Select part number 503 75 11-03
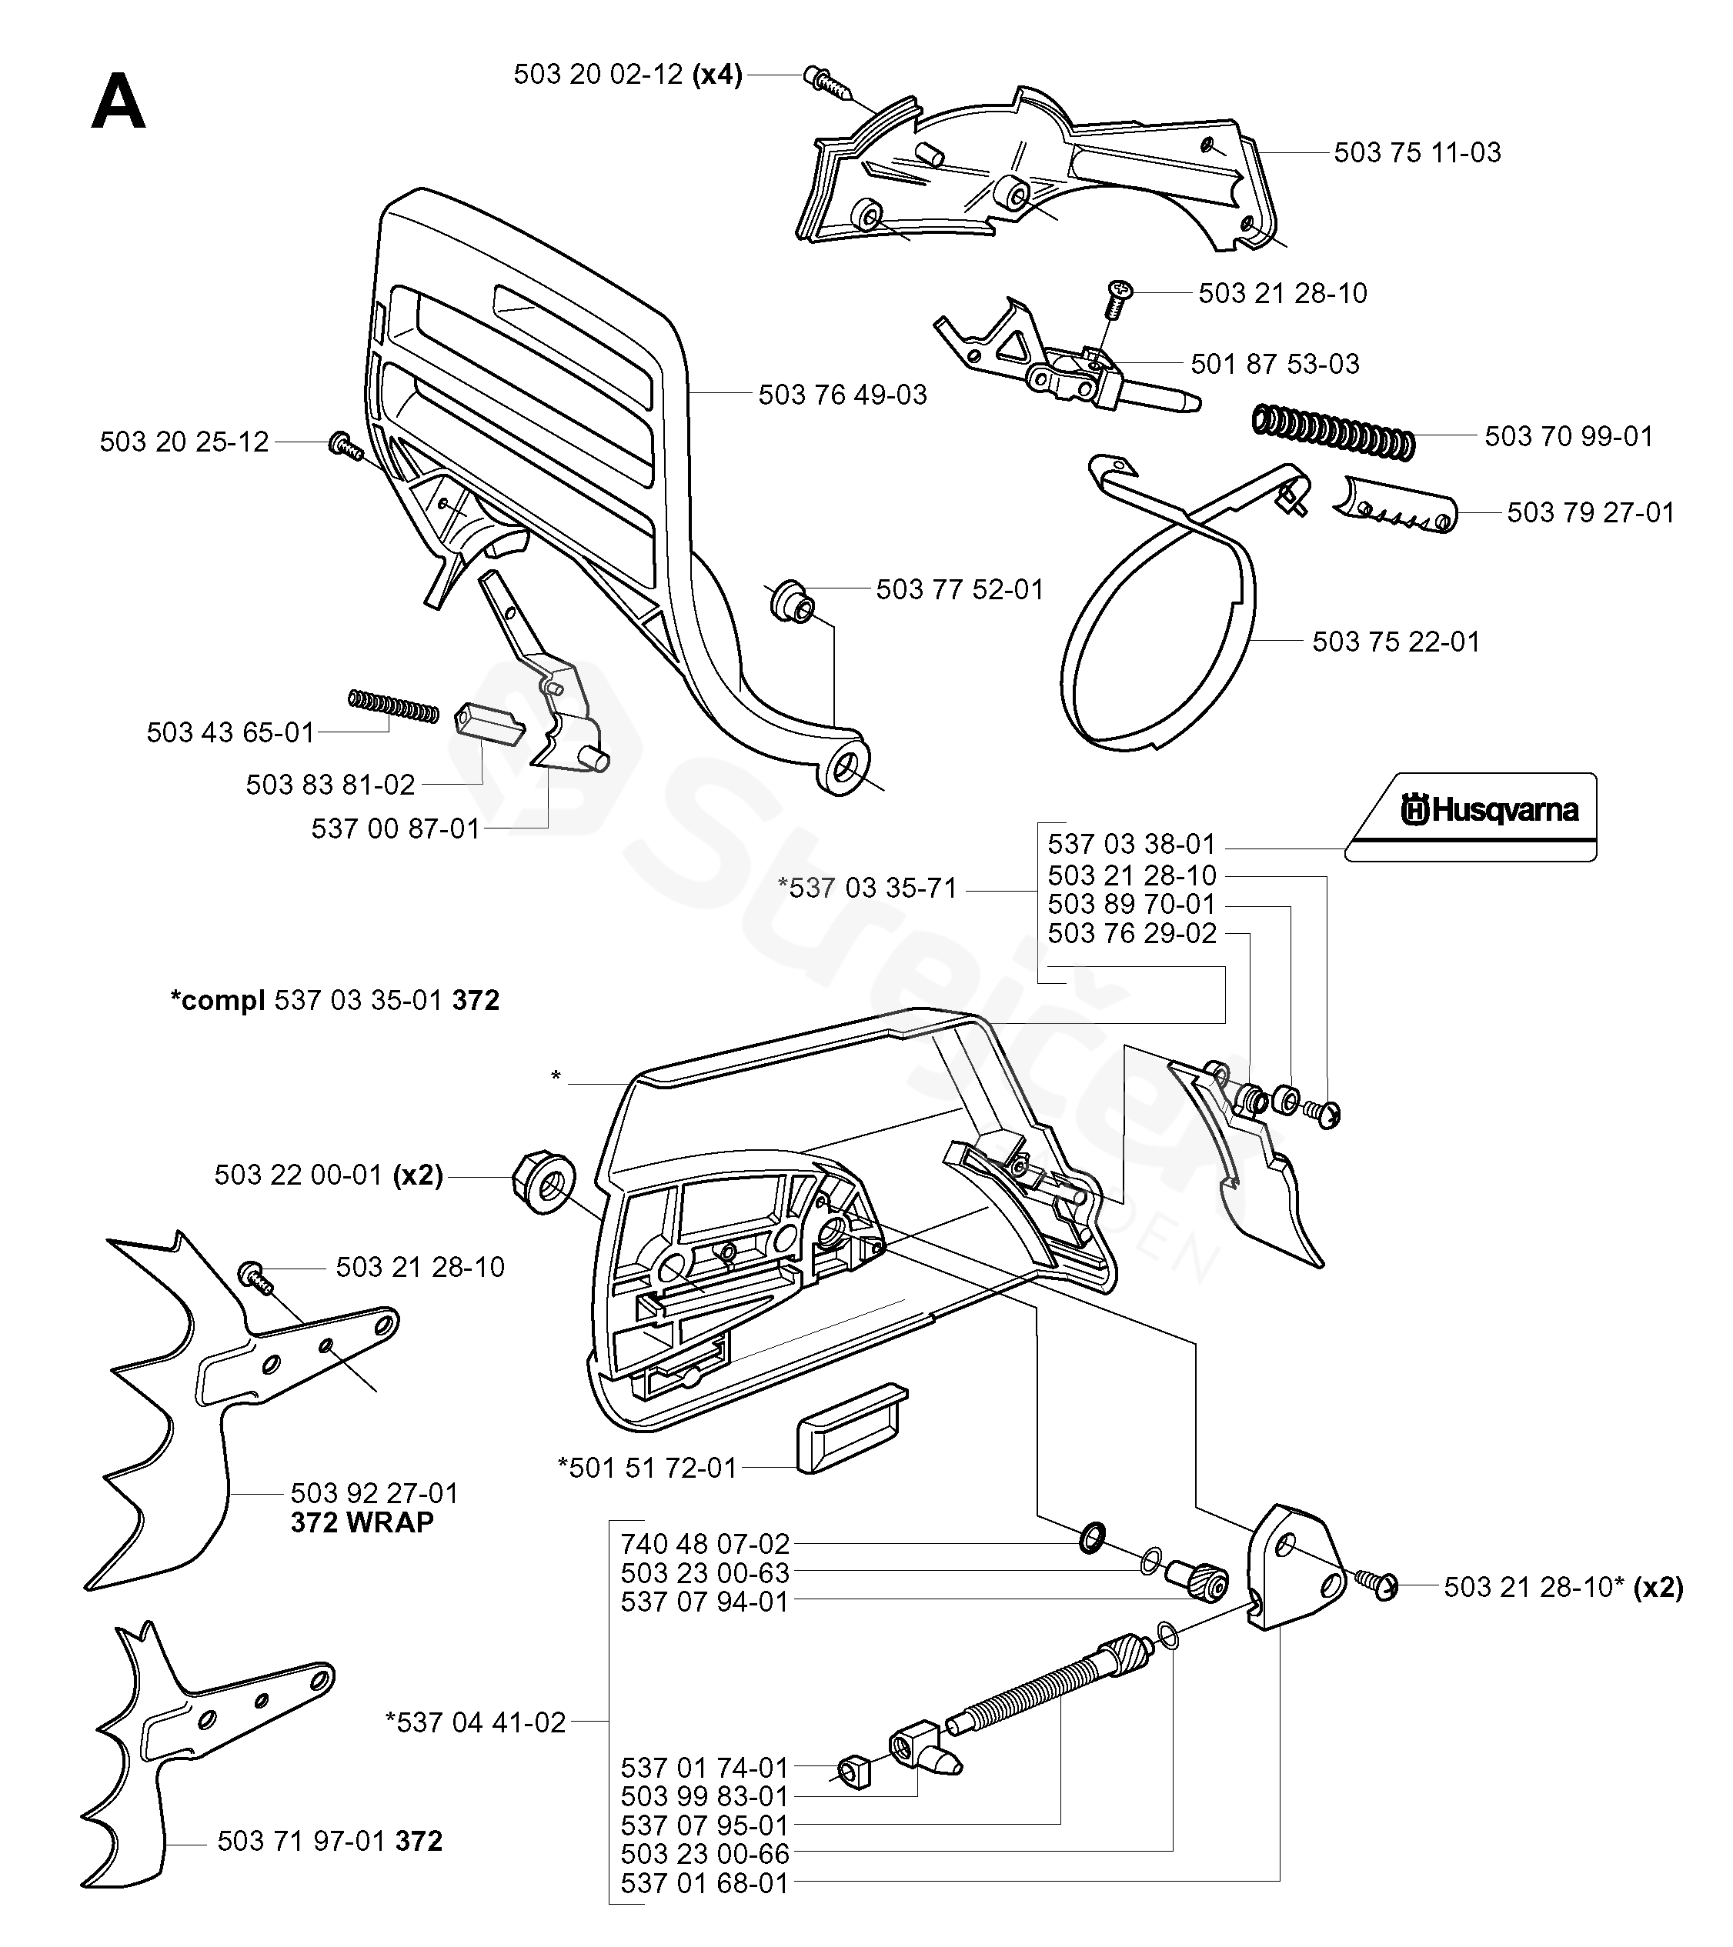[x=1417, y=152]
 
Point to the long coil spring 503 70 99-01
[x=1332, y=432]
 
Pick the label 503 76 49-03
[x=842, y=395]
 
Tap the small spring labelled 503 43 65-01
[x=393, y=706]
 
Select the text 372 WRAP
[x=362, y=1522]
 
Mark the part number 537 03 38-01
[x=1132, y=844]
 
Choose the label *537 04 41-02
[x=476, y=1722]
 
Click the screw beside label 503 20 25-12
[x=344, y=445]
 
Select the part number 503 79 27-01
[x=1590, y=512]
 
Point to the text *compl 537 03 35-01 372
[x=335, y=1000]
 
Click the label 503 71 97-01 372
[x=329, y=1842]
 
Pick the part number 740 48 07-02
[x=705, y=1543]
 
